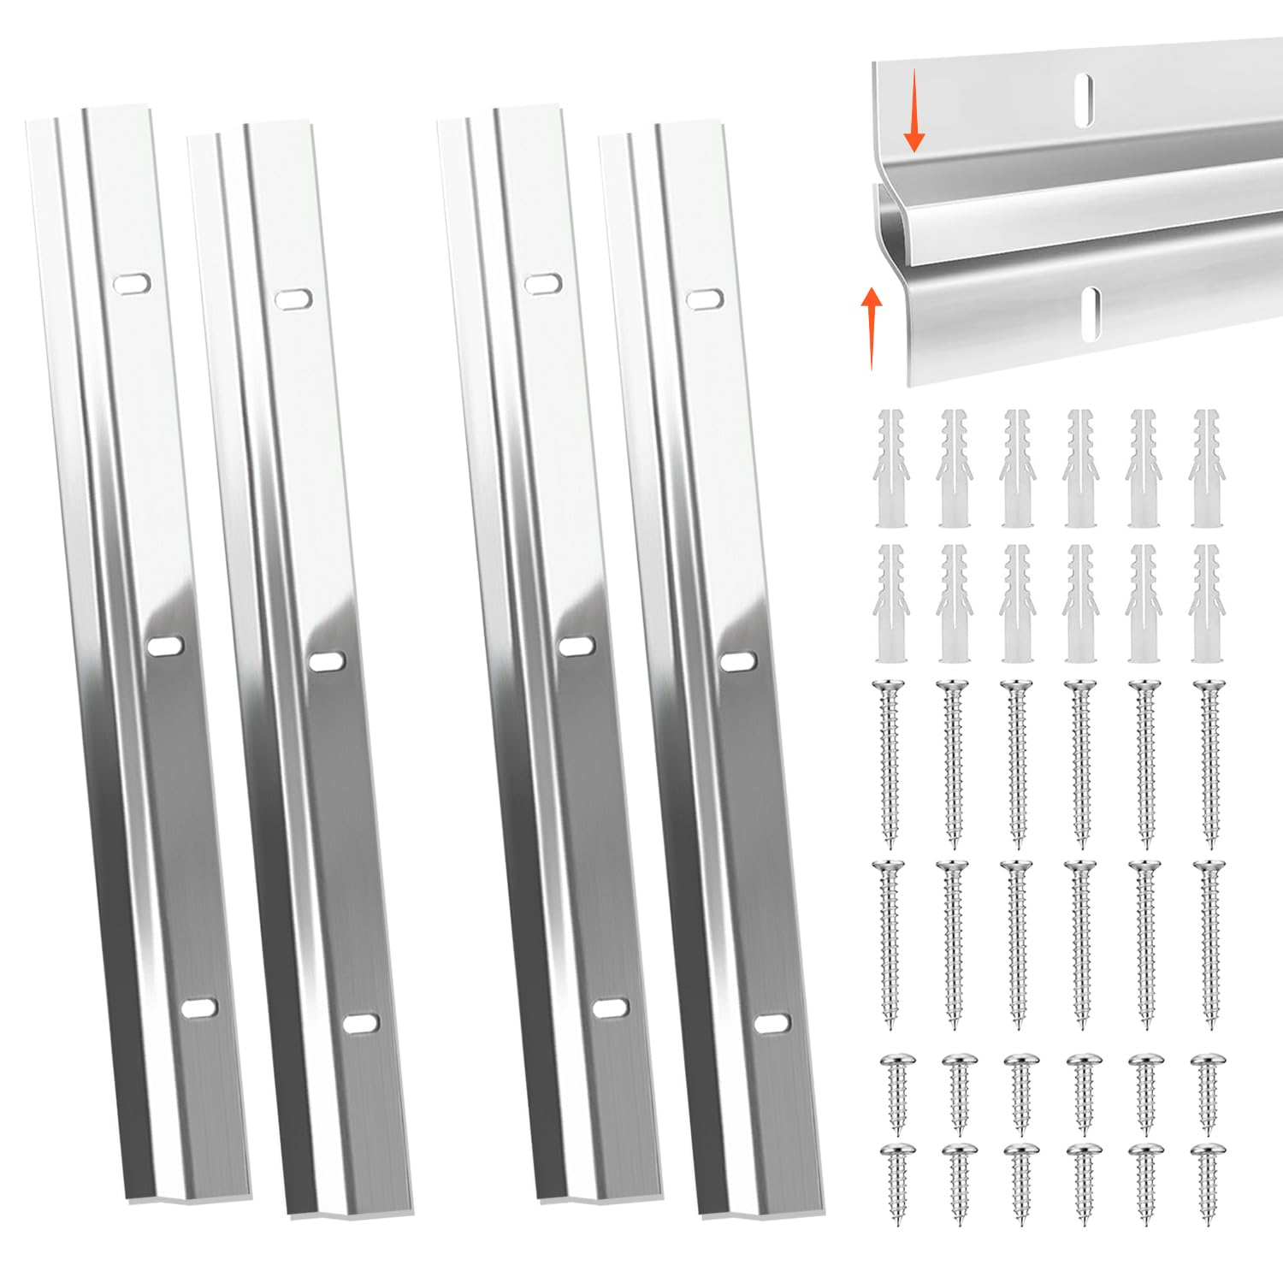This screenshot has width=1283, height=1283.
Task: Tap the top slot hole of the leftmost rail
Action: pyautogui.click(x=133, y=283)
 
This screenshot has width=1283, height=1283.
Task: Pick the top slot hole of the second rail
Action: pyautogui.click(x=293, y=298)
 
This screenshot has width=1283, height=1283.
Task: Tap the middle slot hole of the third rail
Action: pyautogui.click(x=576, y=646)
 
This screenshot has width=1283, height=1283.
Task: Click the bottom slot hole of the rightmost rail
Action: pyautogui.click(x=772, y=1023)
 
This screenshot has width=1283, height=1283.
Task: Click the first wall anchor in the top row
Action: pyautogui.click(x=890, y=468)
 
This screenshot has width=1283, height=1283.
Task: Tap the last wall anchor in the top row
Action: pyautogui.click(x=1207, y=468)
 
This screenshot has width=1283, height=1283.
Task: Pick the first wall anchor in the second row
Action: pyautogui.click(x=890, y=603)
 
